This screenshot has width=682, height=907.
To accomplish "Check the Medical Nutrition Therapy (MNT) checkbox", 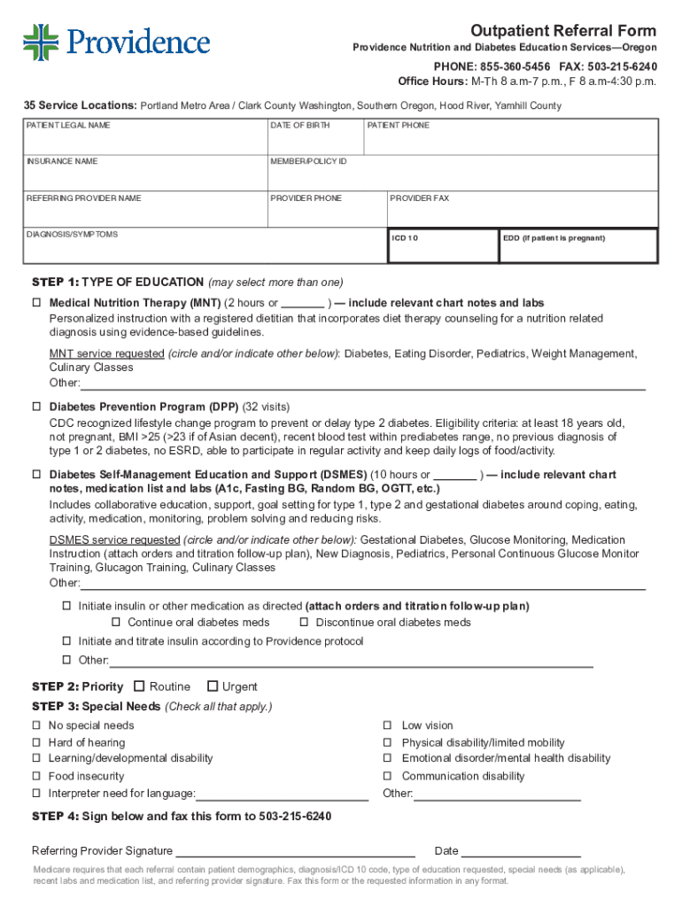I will (x=37, y=303).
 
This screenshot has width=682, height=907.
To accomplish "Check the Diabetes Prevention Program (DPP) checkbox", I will (x=37, y=407).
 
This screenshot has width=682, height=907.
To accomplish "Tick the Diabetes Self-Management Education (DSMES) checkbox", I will (x=37, y=476).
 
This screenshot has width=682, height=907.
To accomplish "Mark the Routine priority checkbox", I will (x=139, y=686).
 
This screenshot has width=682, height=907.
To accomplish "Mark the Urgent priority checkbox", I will (x=212, y=686).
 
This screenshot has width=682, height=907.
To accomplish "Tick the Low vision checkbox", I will (x=387, y=725).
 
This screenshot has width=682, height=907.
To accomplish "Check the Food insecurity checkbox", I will (x=37, y=776).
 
